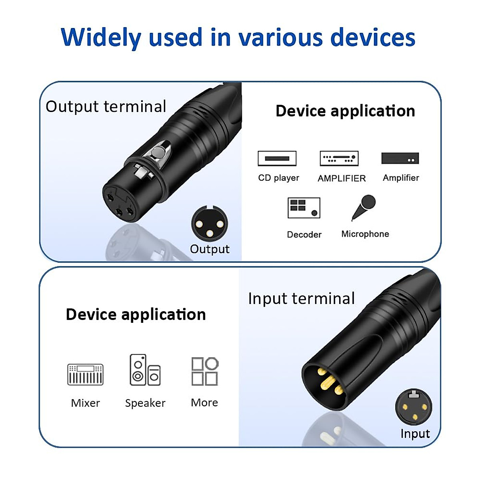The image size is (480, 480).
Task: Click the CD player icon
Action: pos(277,158)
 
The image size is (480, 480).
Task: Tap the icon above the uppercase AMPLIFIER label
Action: pos(339,158)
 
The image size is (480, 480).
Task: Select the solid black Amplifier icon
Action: pos(400,158)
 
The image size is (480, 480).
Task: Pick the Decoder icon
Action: pos(304,208)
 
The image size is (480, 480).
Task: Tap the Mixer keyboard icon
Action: pos(85,374)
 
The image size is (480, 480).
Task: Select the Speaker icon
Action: pos(145,370)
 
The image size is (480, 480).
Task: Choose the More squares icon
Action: pos(205,371)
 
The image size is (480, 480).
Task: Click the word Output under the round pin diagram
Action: pos(210,249)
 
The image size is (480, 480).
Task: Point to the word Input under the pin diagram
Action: pos(415,434)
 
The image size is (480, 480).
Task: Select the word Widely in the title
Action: pos(101,38)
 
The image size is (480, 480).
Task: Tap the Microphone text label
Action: pos(365,234)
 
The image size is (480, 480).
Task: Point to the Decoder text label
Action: pos(304,234)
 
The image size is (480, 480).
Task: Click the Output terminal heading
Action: pos(106,107)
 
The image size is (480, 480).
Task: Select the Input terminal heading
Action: pos(301,298)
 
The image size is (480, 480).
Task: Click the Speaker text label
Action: pos(145,403)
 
